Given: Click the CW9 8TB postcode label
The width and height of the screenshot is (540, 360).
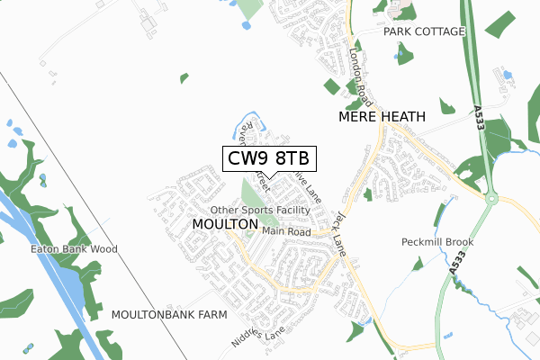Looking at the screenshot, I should tap(267, 158).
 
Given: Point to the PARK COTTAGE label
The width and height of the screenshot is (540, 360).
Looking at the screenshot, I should tap(424, 31).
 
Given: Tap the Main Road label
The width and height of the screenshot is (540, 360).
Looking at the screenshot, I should tap(286, 232).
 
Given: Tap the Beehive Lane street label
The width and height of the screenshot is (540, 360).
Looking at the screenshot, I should tap(310, 189).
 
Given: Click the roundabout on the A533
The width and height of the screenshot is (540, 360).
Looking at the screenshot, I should tap(491, 199).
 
